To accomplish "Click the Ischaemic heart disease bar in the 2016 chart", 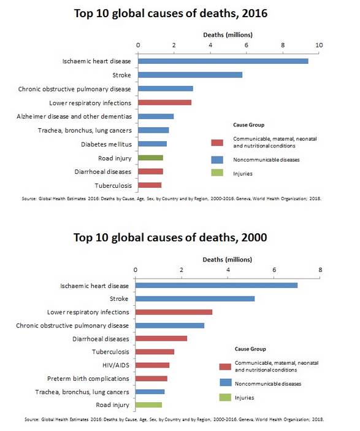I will click(223, 61).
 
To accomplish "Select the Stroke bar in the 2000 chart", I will click(194, 299).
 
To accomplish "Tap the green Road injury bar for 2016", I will click(150, 158).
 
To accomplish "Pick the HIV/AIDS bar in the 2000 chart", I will click(152, 365).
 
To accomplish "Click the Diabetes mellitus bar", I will click(152, 144).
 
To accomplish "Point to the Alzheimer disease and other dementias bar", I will click(156, 116).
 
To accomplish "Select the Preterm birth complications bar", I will click(151, 378).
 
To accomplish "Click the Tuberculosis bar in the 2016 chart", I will click(150, 185).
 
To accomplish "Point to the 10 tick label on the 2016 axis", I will click(319, 45).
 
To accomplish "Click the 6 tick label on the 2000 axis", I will click(274, 269).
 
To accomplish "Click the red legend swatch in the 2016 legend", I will click(216, 142).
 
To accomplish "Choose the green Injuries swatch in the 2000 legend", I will click(224, 397).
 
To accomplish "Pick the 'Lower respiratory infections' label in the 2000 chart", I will click(88, 312).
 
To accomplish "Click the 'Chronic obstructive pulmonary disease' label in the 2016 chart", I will click(74, 88).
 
